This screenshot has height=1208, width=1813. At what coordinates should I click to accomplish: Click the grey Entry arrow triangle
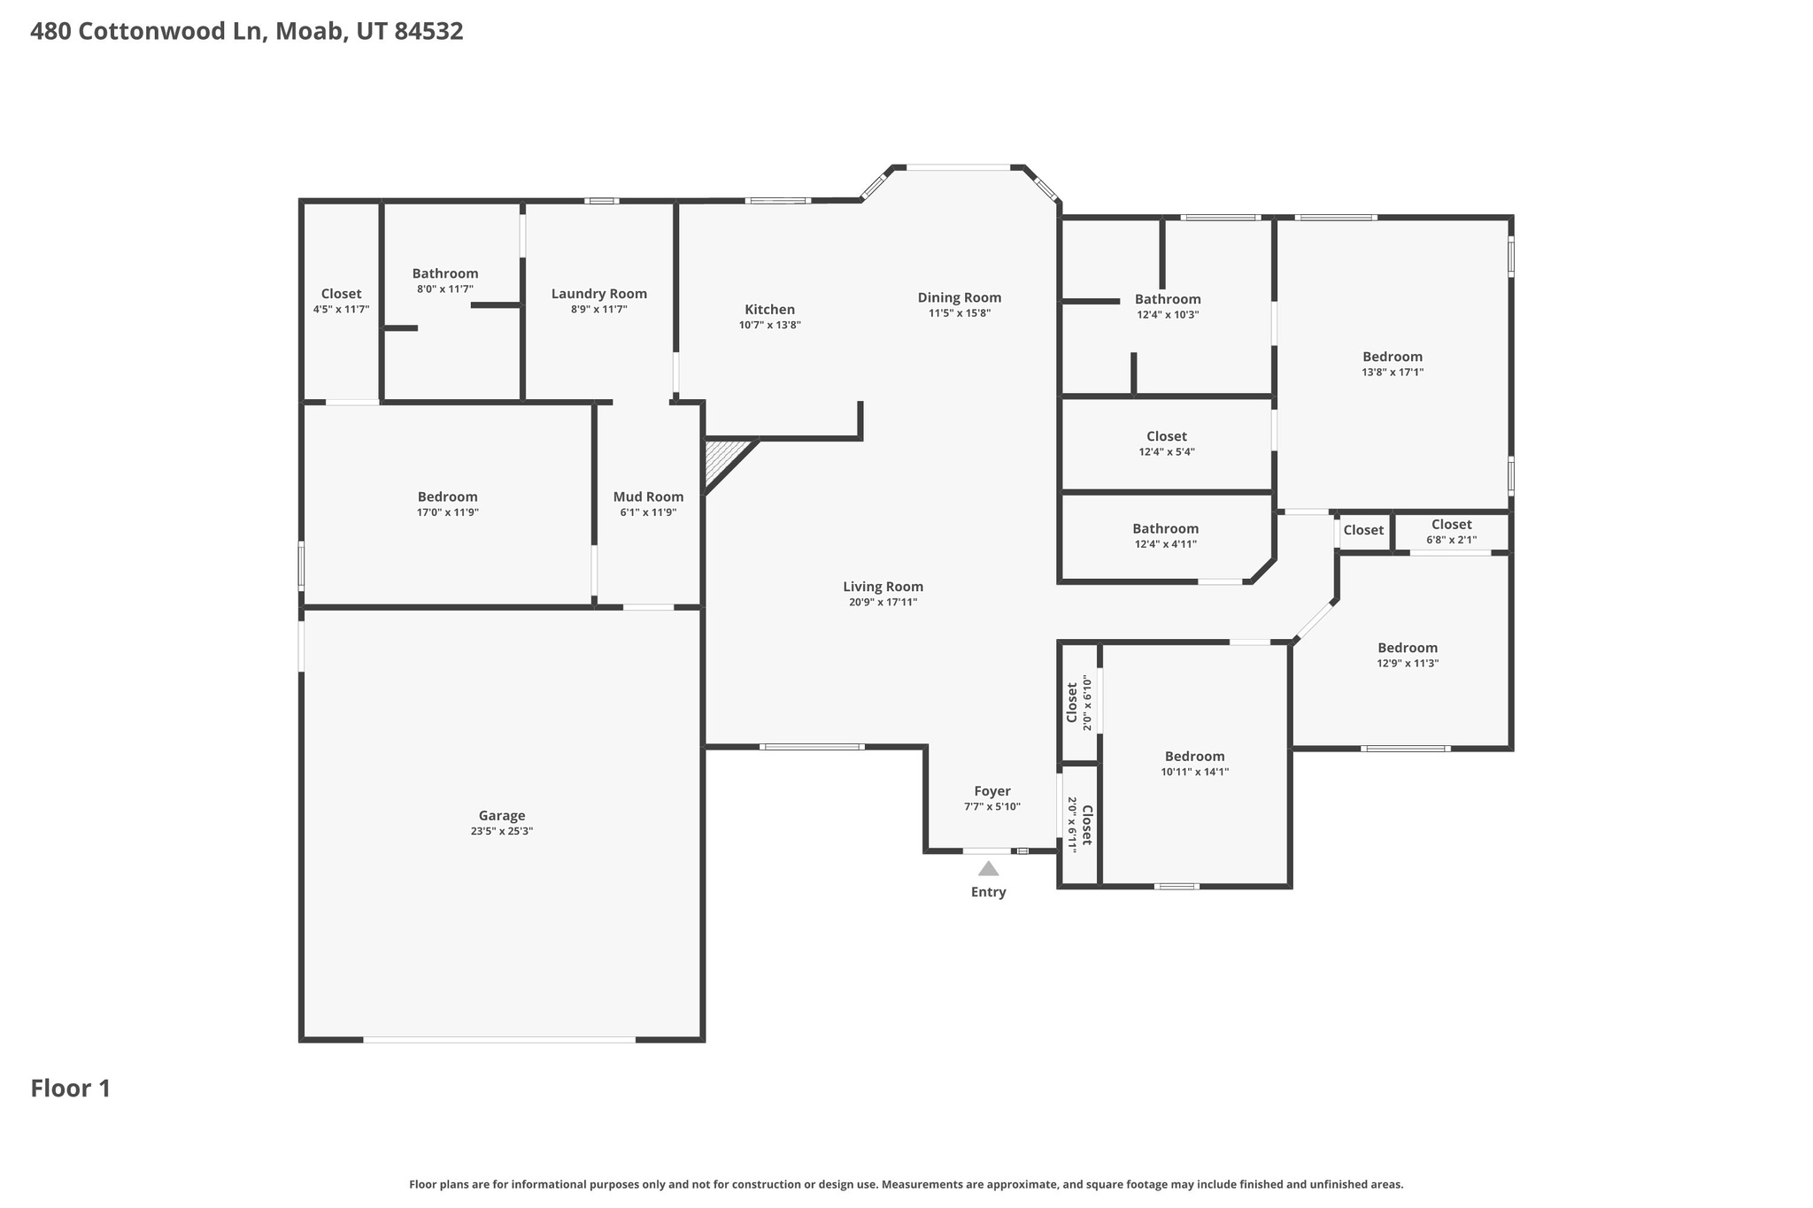988,869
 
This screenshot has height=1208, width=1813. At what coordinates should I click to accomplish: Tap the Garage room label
502,816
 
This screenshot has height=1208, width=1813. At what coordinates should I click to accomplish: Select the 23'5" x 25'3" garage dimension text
502,832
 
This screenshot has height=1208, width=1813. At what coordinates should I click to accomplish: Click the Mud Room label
648,497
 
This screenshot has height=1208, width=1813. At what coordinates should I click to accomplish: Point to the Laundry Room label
599,294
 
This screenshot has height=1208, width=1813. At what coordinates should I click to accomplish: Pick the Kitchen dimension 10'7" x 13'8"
769,326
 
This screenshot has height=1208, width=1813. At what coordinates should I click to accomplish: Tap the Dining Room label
959,298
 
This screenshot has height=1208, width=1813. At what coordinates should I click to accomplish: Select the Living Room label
883,587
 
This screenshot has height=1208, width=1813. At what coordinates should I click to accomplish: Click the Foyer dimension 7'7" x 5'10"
991,807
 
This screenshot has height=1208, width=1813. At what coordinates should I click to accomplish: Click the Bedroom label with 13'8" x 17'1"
1393,358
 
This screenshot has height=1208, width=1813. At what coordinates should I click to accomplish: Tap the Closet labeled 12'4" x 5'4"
1167,437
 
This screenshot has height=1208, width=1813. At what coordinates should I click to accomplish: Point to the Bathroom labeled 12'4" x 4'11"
1166,529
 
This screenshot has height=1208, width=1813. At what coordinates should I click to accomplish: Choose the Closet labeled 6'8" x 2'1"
1451,525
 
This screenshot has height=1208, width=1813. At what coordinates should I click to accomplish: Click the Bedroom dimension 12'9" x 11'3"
1408,664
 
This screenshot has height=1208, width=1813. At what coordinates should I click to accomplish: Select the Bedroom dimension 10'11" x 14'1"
1194,773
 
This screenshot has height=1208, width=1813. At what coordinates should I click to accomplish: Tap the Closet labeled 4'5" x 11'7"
341,294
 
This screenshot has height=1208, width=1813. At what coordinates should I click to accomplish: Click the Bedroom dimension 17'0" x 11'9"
447,513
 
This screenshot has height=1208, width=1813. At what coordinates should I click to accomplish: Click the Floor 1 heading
71,1089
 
